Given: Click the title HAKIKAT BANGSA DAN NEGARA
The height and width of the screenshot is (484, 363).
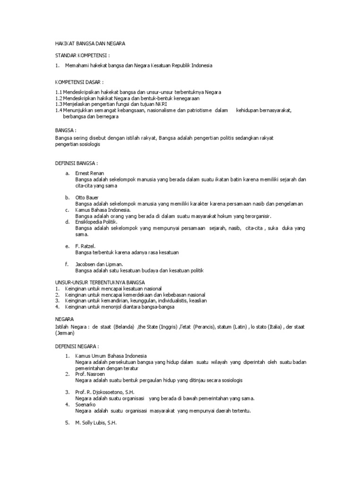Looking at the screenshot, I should coord(90,43).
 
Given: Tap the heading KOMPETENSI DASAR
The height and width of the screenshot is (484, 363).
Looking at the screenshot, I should coord(79,81).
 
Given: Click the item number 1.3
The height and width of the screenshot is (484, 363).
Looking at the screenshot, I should coord(59,104).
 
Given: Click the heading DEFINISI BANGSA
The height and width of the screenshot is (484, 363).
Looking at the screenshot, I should coord(77,163).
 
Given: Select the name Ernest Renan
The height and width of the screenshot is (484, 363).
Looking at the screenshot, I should coord(90,173).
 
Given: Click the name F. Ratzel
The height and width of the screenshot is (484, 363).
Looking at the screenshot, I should coord(86,246).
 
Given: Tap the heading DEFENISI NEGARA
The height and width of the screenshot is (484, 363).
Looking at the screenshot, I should coord(77,346).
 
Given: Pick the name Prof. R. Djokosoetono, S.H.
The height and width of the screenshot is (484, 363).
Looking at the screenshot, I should coord(105,392).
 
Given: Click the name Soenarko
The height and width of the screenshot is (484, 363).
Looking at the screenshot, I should coord(86,405).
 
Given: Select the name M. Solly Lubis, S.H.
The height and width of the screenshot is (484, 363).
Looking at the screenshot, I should coord(96,423).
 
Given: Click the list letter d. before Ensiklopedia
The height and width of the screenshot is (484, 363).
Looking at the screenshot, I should coord(68,222).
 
